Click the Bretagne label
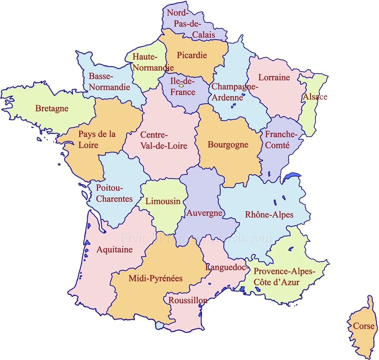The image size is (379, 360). coord(52,109)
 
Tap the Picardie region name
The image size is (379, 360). coord(192,55)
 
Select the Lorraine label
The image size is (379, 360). coord(274,77)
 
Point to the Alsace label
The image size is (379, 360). coord(315,97)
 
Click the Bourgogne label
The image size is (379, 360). coord(228,145)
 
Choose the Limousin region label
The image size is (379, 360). coord(163,201)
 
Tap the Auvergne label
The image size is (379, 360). coord(204,213)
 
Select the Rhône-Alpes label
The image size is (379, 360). coord(269,214)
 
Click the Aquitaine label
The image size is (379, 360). coord(114,249)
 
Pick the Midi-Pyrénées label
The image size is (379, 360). coord(155,278)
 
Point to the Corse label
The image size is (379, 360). coord(364,326)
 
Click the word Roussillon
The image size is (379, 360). coord(188,300)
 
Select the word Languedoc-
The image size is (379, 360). coord(227,268)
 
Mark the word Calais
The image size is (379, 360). coord(204,35)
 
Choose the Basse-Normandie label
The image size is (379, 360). coord(109,82)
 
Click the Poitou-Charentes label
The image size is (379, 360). coord(114,193)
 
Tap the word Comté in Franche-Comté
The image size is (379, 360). coord(277,145)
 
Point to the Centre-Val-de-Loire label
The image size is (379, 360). coord(163,141)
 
